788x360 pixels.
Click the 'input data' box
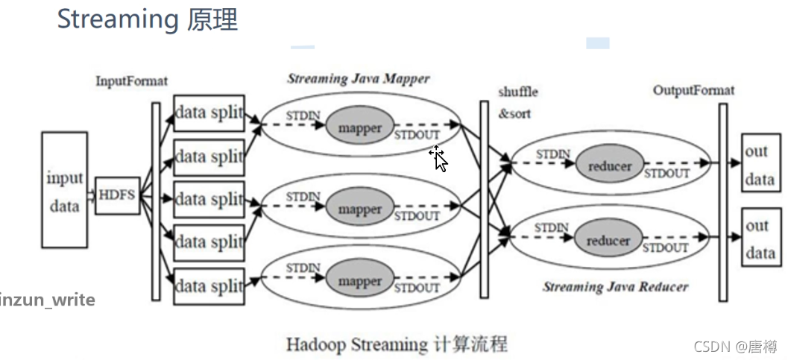click(x=64, y=190)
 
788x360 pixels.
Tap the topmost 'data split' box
click(x=209, y=113)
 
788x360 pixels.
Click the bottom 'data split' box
click(x=209, y=286)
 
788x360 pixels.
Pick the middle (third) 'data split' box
click(x=209, y=200)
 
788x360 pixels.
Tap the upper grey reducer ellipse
click(x=609, y=166)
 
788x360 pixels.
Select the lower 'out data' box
click(x=760, y=239)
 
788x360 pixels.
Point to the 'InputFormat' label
click(x=131, y=81)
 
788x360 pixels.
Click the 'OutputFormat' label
click(x=693, y=90)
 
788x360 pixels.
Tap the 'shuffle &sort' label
click(x=517, y=103)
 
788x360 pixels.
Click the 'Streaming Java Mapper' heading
click(x=358, y=78)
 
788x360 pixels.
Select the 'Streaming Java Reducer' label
click(x=615, y=286)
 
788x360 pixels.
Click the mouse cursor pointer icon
click(x=438, y=159)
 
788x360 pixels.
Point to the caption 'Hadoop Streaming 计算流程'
click(x=397, y=344)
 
